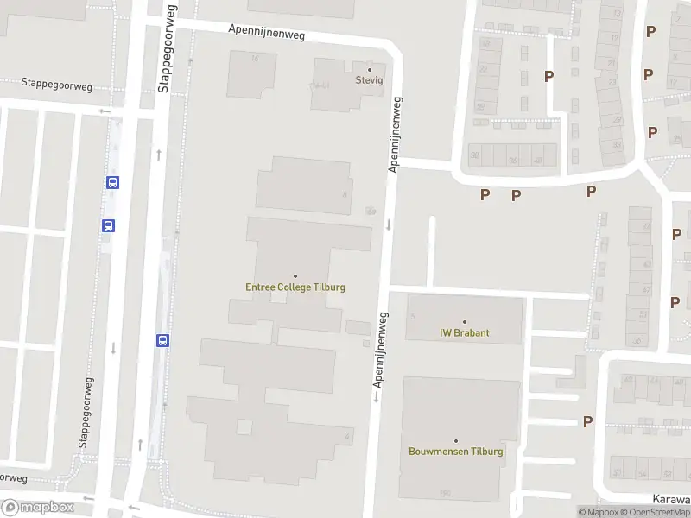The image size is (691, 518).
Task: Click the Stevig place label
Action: [x=370, y=80]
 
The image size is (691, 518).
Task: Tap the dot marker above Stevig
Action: [x=371, y=69]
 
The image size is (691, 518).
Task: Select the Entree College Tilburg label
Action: [x=295, y=287]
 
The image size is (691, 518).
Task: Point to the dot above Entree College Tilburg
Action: [x=295, y=276]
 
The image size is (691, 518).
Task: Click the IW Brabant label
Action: [x=465, y=333]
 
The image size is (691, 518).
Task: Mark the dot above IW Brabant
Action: [x=465, y=322]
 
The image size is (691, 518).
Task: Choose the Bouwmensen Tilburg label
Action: [x=456, y=452]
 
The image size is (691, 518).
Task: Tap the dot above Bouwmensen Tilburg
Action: [x=456, y=440]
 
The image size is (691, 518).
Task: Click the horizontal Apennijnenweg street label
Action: [x=267, y=33]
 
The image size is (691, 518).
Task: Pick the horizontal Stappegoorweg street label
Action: [x=57, y=85]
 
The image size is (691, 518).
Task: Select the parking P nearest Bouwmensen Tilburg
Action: [x=588, y=421]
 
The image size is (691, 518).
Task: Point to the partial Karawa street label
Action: [x=672, y=498]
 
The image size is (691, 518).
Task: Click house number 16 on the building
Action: [x=254, y=59]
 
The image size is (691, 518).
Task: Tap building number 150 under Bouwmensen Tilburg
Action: [x=445, y=494]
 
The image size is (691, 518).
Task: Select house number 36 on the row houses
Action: [x=512, y=161]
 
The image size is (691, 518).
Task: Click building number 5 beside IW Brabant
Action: [x=413, y=317]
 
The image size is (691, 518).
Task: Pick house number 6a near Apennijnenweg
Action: [x=371, y=211]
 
